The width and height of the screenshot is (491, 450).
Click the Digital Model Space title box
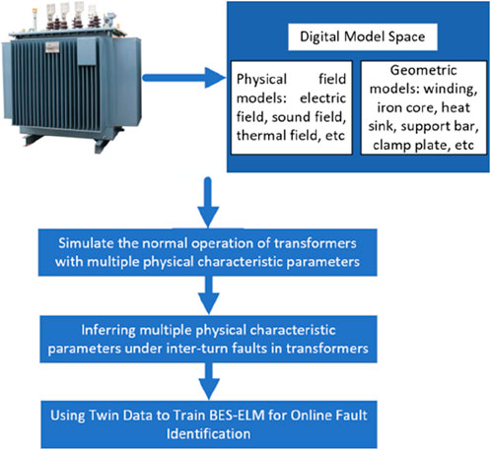click(363, 36)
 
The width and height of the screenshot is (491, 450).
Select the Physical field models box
click(292, 107)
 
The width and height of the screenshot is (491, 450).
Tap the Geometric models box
click(423, 107)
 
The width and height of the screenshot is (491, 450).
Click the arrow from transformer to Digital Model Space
click(184, 78)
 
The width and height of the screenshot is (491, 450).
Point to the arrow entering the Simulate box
click(208, 202)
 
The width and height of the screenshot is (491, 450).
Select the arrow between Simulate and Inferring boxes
click(209, 294)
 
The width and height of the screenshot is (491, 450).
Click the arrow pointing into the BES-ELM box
click(209, 381)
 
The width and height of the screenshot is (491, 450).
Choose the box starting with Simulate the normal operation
click(208, 252)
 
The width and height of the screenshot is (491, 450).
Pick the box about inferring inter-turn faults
click(208, 339)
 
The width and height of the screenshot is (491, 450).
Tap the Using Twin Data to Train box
click(209, 424)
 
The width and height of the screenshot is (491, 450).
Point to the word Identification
click(209, 434)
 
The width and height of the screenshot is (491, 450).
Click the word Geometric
click(423, 70)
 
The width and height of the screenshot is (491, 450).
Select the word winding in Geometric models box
click(451, 89)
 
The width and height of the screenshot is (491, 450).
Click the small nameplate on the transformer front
click(52, 47)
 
